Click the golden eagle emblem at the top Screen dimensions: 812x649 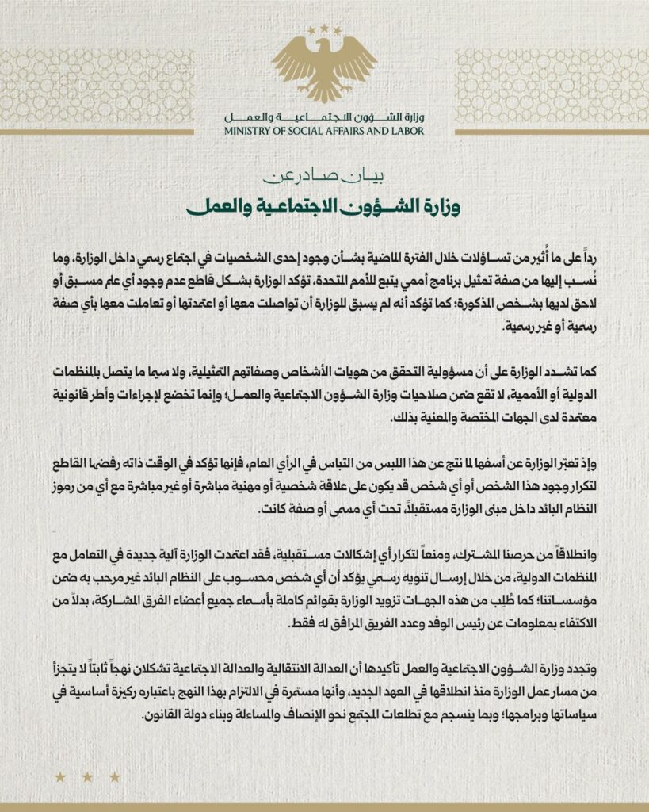pyautogui.click(x=324, y=68)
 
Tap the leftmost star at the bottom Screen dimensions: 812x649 pyautogui.click(x=60, y=777)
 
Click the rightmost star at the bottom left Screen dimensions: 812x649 pyautogui.click(x=115, y=777)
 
